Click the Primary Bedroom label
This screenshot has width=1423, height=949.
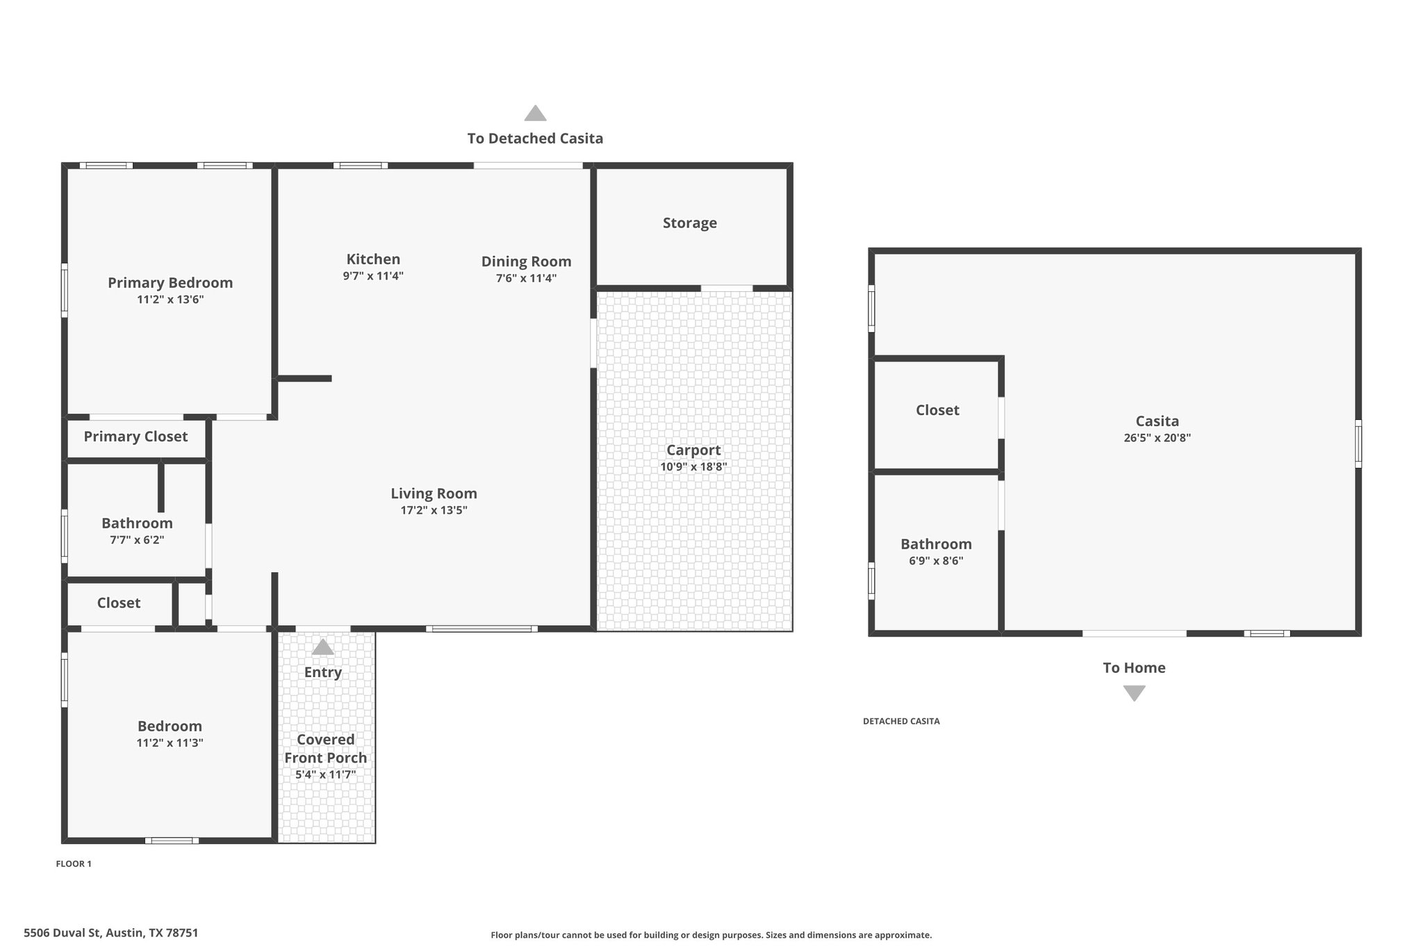tap(170, 283)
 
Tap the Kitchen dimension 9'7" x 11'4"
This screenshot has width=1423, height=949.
tap(373, 276)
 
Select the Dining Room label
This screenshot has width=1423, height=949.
tap(526, 261)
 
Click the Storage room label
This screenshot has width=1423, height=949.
tap(689, 223)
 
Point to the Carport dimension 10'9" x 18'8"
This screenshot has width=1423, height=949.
tap(693, 467)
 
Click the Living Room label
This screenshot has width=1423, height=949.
tap(434, 494)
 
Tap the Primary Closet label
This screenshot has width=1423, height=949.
tap(135, 437)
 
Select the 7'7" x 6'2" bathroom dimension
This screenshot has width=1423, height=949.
tap(137, 540)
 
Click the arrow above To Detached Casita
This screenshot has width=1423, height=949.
tap(535, 113)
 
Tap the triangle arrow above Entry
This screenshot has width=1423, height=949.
tap(322, 647)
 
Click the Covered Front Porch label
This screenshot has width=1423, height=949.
tap(325, 749)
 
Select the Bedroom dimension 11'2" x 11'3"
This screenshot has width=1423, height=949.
tap(170, 743)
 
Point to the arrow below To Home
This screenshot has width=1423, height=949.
tap(1134, 693)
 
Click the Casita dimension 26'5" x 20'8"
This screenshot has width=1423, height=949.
tap(1157, 438)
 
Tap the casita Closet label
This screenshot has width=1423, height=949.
tap(937, 410)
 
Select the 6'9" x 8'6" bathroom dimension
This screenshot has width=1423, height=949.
tap(936, 561)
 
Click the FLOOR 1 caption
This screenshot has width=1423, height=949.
tap(74, 864)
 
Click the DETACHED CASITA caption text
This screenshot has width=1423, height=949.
tap(901, 722)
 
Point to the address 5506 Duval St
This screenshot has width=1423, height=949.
tap(64, 933)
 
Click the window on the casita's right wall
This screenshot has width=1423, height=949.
tap(1358, 444)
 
